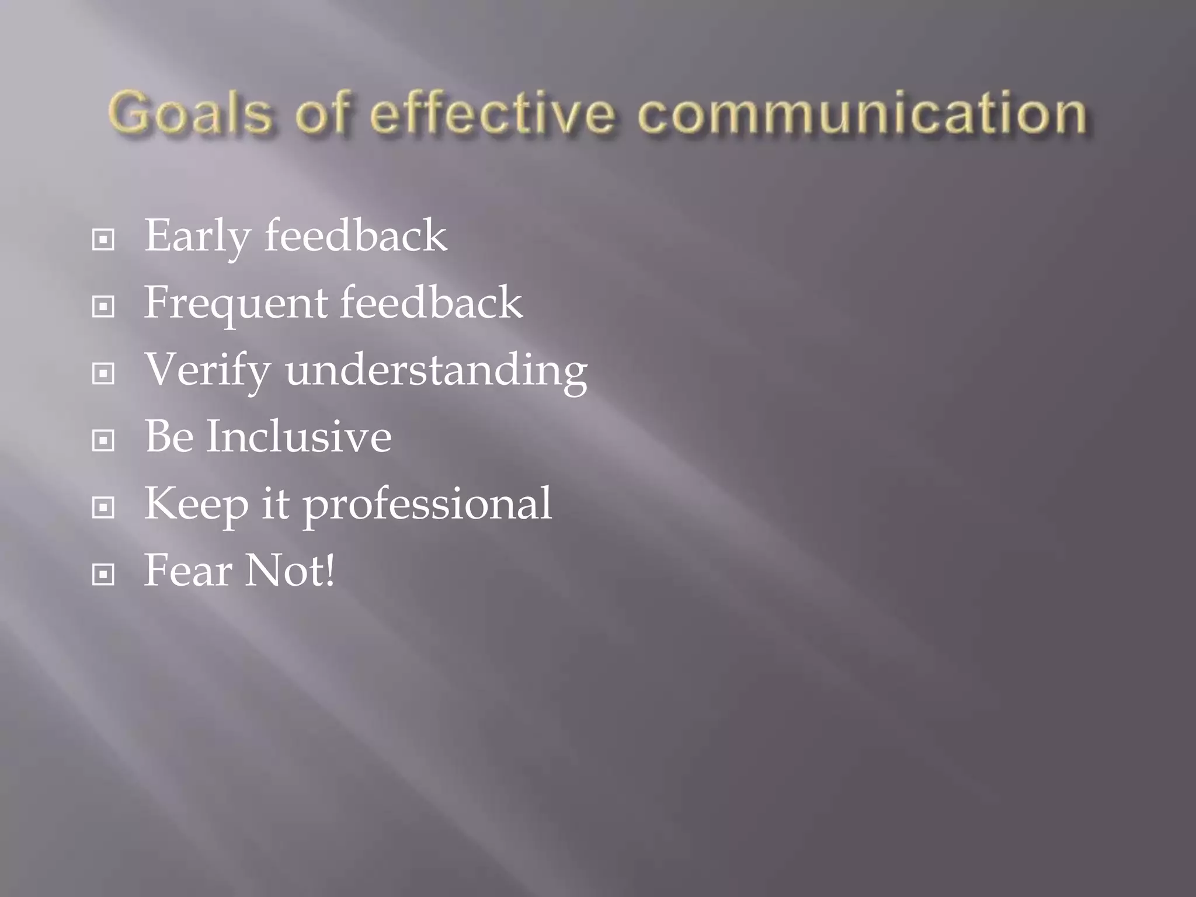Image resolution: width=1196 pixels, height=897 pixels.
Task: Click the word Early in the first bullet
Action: click(x=196, y=236)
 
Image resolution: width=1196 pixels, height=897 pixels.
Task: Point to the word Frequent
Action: click(x=235, y=303)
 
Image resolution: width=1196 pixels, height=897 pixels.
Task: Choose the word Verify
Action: click(x=207, y=370)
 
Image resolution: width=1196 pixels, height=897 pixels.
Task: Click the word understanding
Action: click(x=436, y=370)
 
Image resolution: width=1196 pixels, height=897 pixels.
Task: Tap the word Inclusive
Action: click(x=298, y=436)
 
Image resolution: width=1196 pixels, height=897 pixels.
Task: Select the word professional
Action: click(x=427, y=503)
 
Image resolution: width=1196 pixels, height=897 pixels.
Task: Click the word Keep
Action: click(x=196, y=503)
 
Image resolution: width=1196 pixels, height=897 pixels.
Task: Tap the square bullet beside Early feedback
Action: click(x=103, y=239)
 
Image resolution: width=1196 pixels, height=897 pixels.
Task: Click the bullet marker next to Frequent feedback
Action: click(x=103, y=306)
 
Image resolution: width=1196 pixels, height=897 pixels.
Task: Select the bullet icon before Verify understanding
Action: click(x=103, y=373)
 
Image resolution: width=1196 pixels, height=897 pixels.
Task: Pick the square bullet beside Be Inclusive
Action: click(x=103, y=440)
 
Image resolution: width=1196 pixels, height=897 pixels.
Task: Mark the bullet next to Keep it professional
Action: click(x=103, y=507)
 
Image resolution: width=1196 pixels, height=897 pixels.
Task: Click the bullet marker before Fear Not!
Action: click(x=103, y=575)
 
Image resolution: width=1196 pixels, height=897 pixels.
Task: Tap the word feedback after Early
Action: click(x=356, y=236)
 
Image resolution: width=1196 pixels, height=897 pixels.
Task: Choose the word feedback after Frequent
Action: click(x=432, y=303)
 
